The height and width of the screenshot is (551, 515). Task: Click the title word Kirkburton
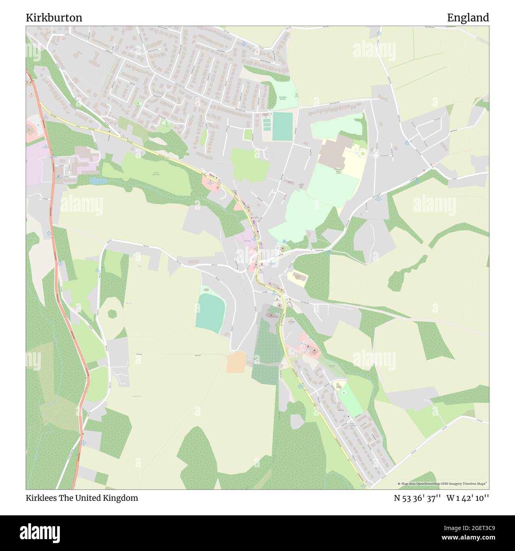point(54,17)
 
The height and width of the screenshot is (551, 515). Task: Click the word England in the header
point(468,17)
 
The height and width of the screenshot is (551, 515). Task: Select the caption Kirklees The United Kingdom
point(82,498)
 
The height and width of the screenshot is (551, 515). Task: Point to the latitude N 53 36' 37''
point(417,498)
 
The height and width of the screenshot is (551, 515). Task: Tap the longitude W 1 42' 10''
point(467,498)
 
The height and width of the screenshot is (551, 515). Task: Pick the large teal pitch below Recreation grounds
point(282,126)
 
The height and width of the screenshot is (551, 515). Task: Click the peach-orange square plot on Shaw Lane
point(236,362)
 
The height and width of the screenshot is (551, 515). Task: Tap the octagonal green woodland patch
point(113,314)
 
